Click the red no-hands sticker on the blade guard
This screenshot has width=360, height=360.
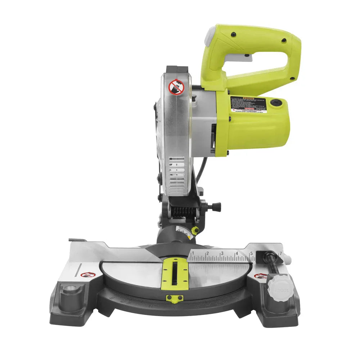click(x=176, y=87)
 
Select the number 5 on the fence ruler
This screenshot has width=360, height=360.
click(x=251, y=253)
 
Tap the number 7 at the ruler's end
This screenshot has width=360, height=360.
click(x=280, y=248)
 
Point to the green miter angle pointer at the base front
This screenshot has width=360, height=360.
click(x=174, y=298)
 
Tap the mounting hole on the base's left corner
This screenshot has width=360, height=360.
click(x=70, y=289)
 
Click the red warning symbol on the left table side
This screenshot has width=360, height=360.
click(x=87, y=275)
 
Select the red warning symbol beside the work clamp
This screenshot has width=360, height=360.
click(x=260, y=276)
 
